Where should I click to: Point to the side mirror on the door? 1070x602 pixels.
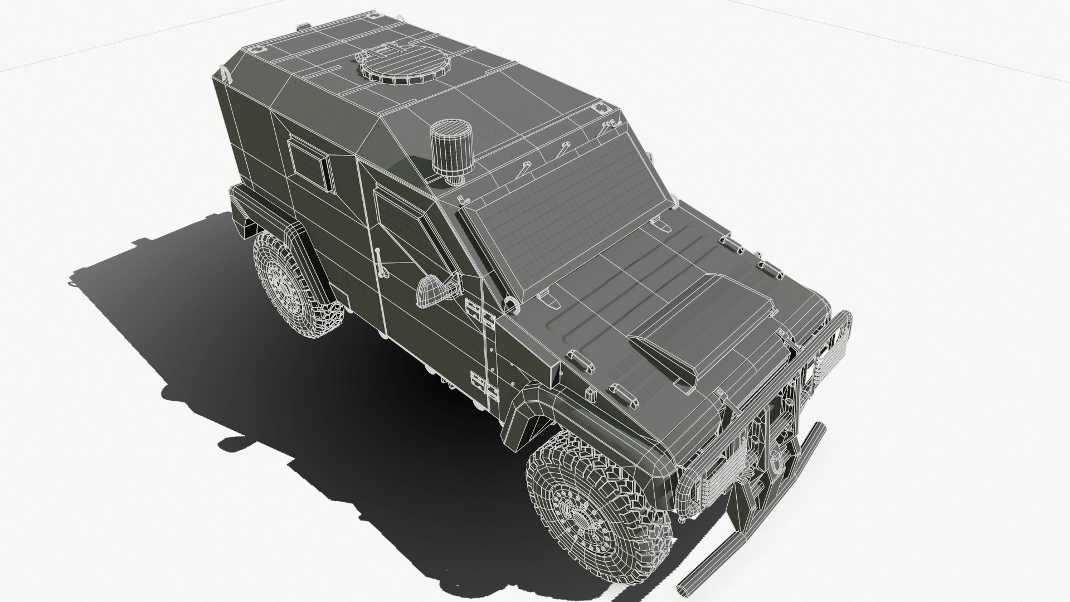coord(432,291)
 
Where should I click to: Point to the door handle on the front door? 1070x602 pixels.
coord(381,261)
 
